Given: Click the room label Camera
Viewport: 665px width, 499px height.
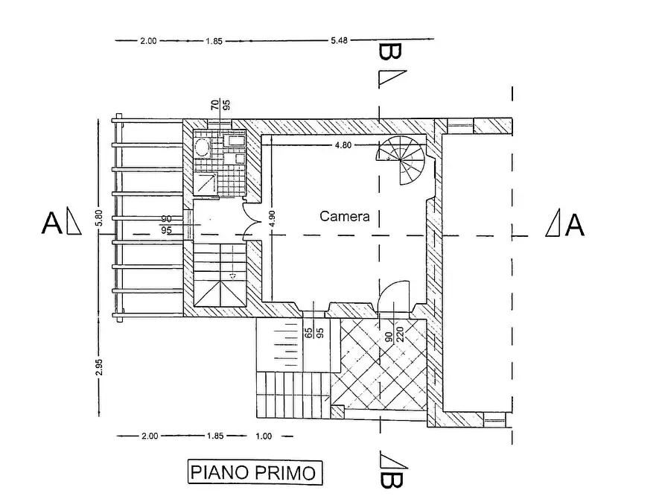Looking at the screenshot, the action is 344,216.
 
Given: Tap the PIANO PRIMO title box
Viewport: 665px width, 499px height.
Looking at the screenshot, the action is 255,473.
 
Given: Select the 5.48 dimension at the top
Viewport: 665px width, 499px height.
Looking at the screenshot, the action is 339,40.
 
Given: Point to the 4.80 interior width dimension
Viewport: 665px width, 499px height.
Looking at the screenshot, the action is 343,145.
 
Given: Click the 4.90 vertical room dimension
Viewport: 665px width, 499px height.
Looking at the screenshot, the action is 272,218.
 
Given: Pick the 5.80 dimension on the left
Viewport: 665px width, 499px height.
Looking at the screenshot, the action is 99,217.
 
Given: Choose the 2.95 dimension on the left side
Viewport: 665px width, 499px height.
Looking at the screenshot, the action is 99,367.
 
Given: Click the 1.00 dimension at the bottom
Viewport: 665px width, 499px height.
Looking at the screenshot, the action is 264,436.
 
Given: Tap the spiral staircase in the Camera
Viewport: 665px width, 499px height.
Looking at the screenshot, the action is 401,160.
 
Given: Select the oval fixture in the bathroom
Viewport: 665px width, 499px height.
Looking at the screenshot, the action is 202,147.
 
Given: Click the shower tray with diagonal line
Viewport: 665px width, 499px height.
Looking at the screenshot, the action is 206,182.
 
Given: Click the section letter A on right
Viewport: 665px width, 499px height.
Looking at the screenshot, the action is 575,224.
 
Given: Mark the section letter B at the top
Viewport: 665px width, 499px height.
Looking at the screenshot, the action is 389,51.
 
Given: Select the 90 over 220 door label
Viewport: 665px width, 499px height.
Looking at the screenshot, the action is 394,331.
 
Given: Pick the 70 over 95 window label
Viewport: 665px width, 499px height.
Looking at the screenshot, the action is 220,104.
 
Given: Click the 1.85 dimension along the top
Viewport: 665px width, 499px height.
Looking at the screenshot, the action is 214,41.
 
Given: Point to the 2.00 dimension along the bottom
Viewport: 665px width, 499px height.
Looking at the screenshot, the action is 149,436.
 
